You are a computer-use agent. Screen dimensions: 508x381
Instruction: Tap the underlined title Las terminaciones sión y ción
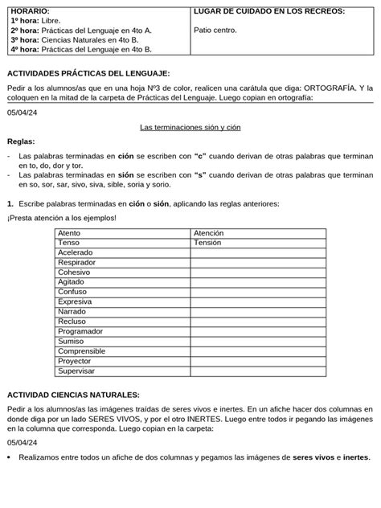190,127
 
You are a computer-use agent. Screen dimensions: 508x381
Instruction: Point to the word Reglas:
21,141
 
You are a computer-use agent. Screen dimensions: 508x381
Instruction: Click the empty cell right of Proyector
257,362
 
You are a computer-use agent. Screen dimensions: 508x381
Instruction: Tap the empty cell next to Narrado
257,312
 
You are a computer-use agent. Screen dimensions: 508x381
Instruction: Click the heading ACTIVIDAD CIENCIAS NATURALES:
73,395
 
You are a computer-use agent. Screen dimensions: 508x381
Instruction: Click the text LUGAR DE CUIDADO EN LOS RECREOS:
270,10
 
